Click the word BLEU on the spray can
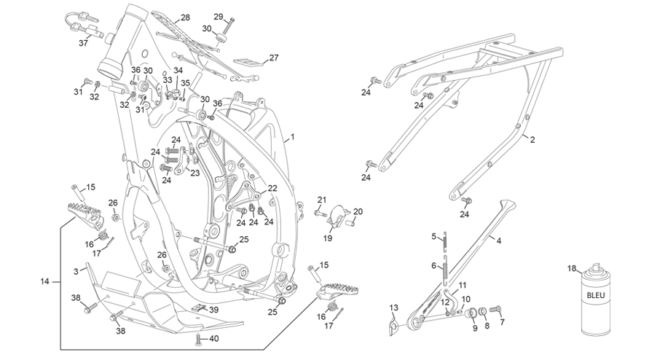(x=596, y=295)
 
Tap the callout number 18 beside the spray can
(x=572, y=268)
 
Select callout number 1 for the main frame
(x=292, y=137)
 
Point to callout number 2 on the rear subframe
(x=532, y=140)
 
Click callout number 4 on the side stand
(x=499, y=240)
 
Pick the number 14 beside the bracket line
(x=44, y=282)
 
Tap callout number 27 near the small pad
(x=274, y=58)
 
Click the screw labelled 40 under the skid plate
(x=198, y=340)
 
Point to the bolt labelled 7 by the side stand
(x=495, y=309)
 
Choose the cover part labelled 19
(x=339, y=216)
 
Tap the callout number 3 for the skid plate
(x=76, y=272)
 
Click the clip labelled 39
(x=199, y=307)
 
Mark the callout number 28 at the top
(x=185, y=17)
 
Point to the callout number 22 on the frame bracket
(x=272, y=189)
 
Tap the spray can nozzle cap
(x=595, y=267)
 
